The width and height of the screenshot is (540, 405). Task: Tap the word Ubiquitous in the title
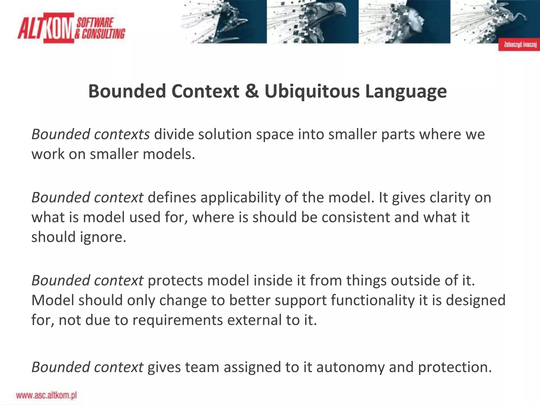[312, 91]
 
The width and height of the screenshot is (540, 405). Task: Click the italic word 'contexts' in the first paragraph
[122, 134]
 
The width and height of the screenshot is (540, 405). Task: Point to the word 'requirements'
[178, 320]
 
